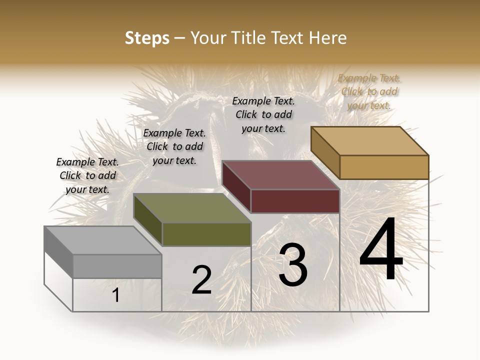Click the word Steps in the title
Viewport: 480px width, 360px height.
(147, 38)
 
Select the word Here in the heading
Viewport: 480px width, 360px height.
(328, 38)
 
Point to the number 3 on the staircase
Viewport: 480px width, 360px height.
(292, 265)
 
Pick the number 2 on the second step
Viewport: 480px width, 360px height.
(201, 280)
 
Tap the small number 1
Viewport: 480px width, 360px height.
(115, 295)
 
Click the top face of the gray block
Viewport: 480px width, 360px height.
(102, 240)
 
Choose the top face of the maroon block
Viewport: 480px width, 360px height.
(280, 175)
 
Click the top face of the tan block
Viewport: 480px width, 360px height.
(369, 140)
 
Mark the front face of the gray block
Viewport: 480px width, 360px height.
(117, 266)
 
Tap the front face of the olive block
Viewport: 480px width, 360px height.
(206, 234)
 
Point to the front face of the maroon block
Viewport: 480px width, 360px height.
(295, 201)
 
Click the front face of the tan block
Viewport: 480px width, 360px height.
(384, 167)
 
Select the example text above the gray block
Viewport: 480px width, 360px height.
(87, 175)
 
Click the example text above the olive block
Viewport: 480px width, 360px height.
(174, 146)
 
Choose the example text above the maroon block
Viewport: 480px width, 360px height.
(263, 114)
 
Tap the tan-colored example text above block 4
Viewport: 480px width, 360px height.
(369, 91)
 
